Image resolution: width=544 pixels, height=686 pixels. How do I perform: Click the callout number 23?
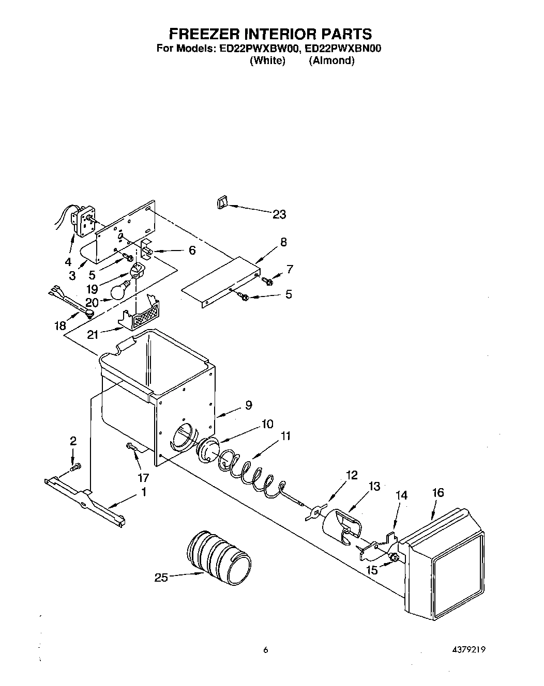(x=279, y=214)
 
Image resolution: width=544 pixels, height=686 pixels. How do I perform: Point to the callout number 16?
(x=437, y=492)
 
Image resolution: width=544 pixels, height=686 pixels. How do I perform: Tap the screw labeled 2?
(x=77, y=467)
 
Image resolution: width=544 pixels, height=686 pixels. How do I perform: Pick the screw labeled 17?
(x=132, y=447)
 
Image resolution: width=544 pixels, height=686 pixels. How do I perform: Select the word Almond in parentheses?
(x=331, y=60)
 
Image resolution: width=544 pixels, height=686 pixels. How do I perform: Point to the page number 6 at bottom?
(x=265, y=650)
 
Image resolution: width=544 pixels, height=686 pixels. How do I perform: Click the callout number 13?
(x=374, y=486)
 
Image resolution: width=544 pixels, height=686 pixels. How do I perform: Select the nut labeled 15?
(x=394, y=557)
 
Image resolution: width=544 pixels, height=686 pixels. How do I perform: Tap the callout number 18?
(x=60, y=325)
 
